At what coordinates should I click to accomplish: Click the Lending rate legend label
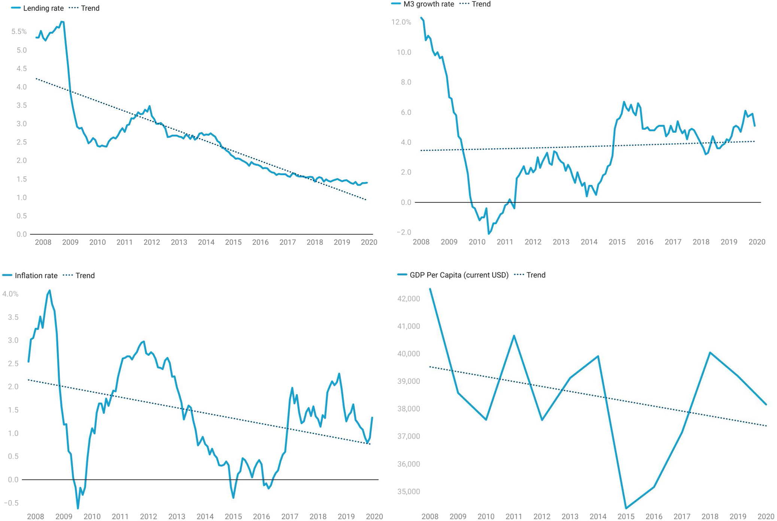click(x=43, y=8)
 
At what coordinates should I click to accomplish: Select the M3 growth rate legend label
click(x=428, y=4)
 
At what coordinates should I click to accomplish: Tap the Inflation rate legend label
click(x=36, y=275)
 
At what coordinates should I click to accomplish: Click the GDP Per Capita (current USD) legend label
click(x=459, y=275)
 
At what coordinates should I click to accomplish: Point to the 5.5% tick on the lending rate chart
click(x=19, y=32)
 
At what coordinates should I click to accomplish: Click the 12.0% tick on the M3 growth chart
click(x=401, y=22)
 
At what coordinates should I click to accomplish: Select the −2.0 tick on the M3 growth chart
click(x=404, y=232)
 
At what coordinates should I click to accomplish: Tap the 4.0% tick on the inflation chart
click(x=10, y=294)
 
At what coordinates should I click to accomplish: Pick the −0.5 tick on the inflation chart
click(x=11, y=503)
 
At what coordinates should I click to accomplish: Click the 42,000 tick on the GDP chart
click(x=409, y=299)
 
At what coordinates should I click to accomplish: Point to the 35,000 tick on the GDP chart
click(x=409, y=491)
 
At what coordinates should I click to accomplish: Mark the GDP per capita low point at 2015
click(x=626, y=508)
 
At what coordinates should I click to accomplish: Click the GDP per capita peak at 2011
click(x=514, y=336)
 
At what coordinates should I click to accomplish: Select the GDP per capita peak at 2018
click(x=710, y=353)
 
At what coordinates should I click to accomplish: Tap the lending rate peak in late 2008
click(x=63, y=22)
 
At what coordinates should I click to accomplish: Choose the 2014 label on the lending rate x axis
click(x=206, y=242)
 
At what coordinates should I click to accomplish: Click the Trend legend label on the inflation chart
click(x=85, y=275)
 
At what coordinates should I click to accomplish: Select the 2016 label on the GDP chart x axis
click(x=654, y=517)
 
